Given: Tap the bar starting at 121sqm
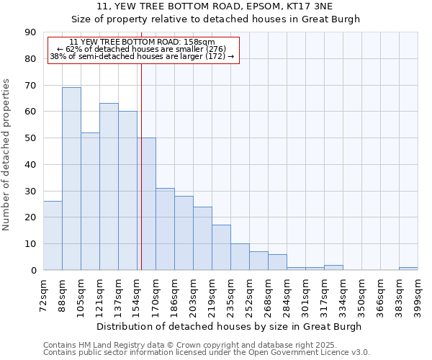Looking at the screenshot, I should pos(109,186).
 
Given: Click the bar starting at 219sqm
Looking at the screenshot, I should pos(221,248).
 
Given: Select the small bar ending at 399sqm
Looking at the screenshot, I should pos(408,269).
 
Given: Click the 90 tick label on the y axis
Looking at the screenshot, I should pos(30,32).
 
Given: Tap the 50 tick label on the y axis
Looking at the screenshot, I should pos(30,138).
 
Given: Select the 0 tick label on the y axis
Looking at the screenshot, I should pos(33,270).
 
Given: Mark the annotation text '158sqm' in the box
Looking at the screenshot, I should pos(201,42).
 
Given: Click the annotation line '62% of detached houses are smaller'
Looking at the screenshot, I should pos(141,49).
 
